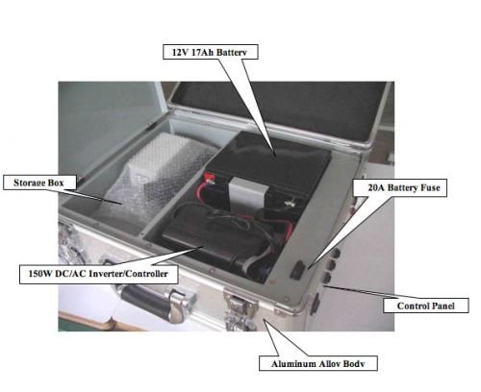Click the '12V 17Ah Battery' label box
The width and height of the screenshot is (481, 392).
211,52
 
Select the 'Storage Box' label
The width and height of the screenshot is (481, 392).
39,183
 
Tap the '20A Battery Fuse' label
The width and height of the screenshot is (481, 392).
400,187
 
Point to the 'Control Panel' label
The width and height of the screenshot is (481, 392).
426,306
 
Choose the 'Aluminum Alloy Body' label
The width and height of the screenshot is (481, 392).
318,363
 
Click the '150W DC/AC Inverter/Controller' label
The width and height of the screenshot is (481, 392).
99,274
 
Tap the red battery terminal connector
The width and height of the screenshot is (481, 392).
208,177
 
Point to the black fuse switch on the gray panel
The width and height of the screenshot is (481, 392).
297,270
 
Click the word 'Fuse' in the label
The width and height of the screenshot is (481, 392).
430,187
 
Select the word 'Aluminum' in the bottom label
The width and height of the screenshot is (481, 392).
290,364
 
